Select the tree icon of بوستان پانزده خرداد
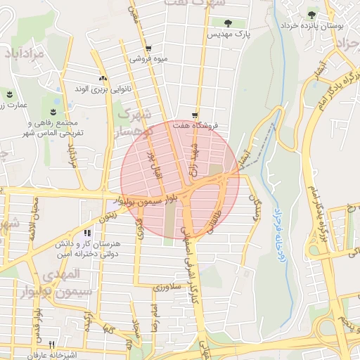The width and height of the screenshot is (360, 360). [x=311, y=14]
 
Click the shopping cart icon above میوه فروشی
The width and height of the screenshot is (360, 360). [x=148, y=49]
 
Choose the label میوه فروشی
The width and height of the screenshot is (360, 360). [x=147, y=59]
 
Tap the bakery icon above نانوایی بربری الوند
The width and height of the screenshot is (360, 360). [x=103, y=79]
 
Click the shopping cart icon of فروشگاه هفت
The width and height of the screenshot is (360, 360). [x=195, y=115]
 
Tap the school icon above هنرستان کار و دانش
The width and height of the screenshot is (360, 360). [x=87, y=233]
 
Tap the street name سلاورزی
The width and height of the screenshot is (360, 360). [x=167, y=287]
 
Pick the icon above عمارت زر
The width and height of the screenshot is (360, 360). [x=10, y=94]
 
